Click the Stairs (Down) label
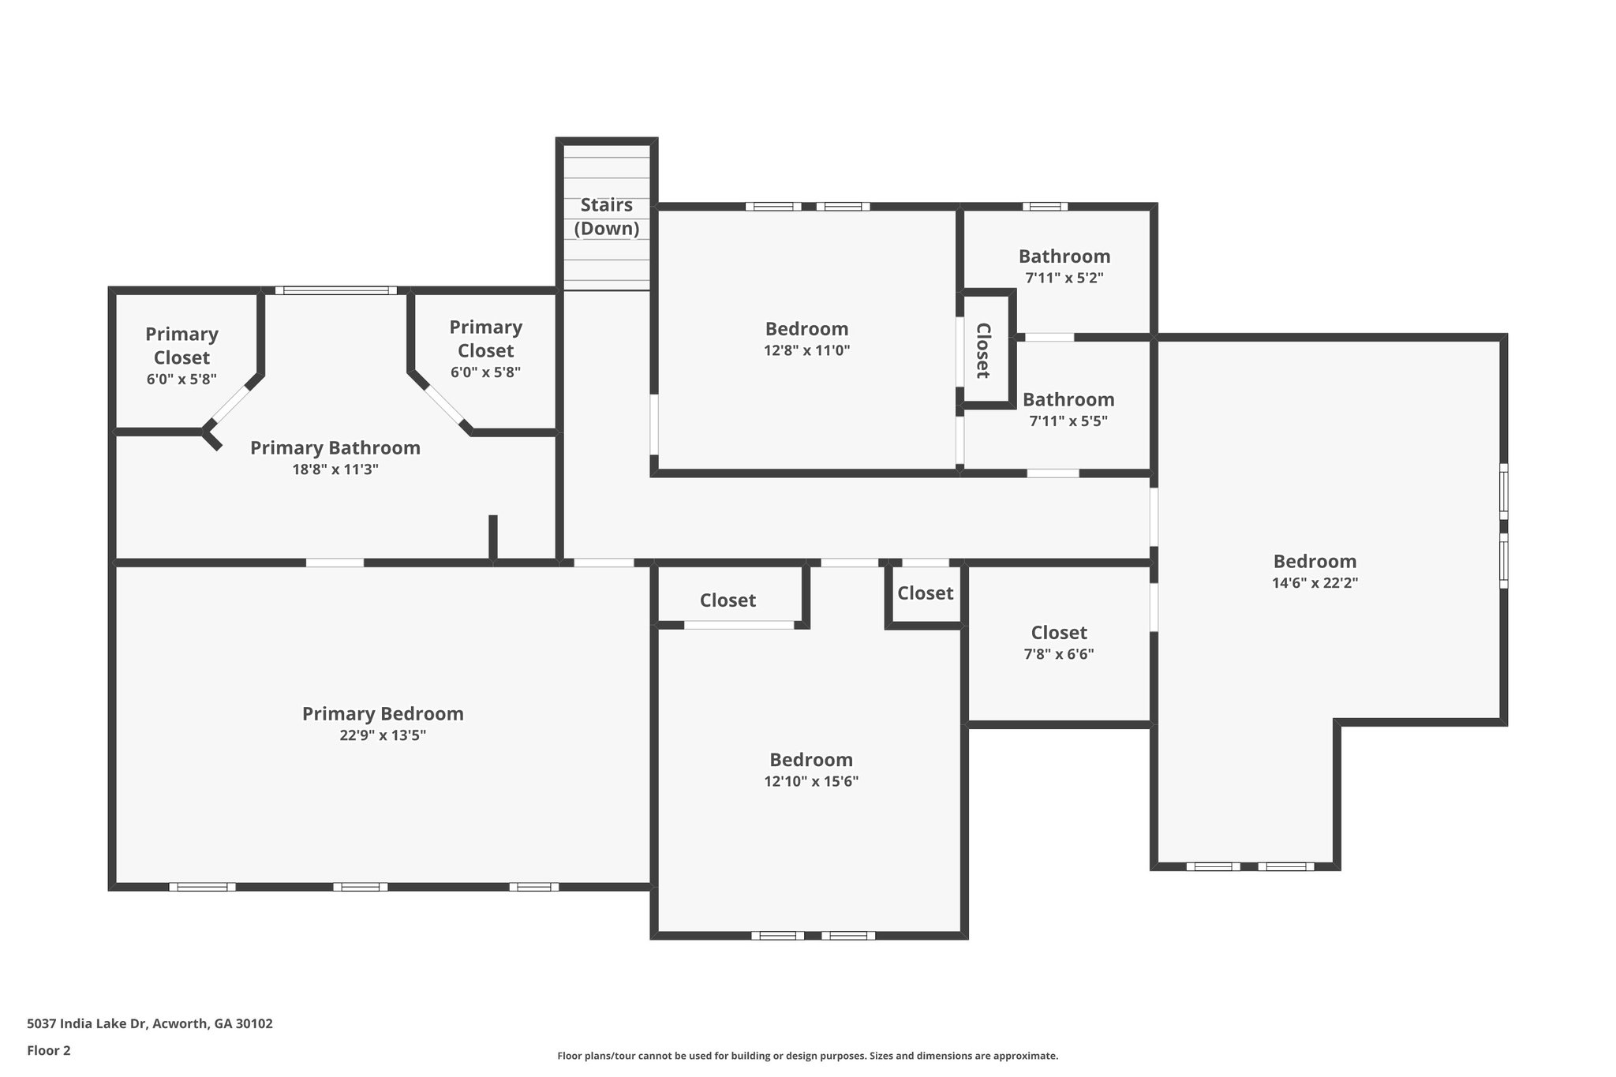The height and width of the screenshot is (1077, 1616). pos(606,217)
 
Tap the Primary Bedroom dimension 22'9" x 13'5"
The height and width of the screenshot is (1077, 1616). pos(382,735)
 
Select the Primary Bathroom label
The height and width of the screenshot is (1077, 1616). pos(335,448)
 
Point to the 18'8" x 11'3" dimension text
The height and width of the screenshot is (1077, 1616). pos(335,469)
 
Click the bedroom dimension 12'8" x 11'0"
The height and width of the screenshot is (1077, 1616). pos(806,350)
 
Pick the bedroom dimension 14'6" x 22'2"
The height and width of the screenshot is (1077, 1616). pos(1315,583)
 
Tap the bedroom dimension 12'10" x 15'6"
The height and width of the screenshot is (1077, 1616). pos(810,781)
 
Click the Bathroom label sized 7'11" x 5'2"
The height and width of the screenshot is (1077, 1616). pos(1064,256)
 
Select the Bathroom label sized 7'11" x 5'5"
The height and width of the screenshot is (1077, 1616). pos(1068,399)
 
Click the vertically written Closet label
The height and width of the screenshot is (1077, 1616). pos(983,350)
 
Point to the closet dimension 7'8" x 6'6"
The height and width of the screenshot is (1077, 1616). pos(1058,654)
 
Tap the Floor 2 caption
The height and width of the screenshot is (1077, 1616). pos(49,1050)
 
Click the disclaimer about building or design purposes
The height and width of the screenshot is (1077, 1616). pos(807,1056)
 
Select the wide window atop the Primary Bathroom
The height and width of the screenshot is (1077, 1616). pos(336,290)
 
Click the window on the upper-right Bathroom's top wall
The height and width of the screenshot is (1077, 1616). pos(1045,207)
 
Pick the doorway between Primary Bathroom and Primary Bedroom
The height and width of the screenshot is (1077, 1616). pos(335,563)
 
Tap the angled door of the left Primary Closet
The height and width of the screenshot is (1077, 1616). pos(230,405)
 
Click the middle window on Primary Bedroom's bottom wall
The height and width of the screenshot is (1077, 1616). pos(360,887)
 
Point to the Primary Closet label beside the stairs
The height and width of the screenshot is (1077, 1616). pos(485,338)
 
